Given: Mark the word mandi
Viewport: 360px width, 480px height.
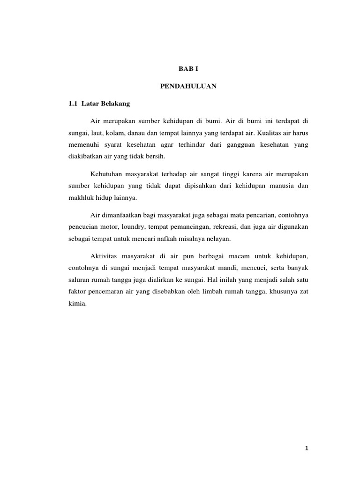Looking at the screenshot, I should tap(222, 269).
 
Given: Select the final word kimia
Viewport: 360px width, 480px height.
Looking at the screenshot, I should tap(76, 304).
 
